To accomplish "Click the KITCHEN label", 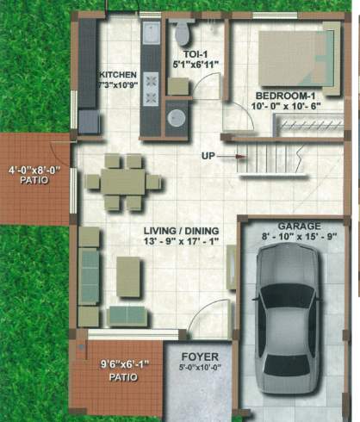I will [118, 74].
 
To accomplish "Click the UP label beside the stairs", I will [208, 156].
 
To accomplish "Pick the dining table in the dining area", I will [124, 181].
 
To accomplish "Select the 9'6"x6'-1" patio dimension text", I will [118, 364].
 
